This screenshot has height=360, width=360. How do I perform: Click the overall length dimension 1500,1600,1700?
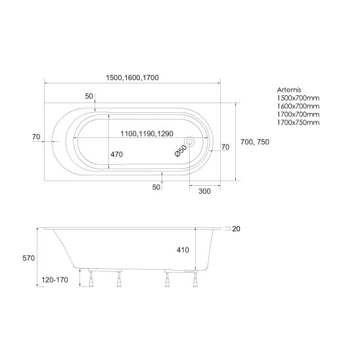[132, 78]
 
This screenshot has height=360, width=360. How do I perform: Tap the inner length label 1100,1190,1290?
[146, 133]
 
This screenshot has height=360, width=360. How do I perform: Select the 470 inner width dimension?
[117, 154]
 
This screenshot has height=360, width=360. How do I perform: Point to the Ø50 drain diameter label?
[181, 151]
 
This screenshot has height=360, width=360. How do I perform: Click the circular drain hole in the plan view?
[189, 142]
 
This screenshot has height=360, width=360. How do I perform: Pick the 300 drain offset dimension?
[204, 191]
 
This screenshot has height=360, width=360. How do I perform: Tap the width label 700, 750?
[255, 142]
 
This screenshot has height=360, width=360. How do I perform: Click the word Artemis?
[289, 90]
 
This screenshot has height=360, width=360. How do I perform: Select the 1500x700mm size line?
[298, 98]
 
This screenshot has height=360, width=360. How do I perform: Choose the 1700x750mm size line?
[298, 122]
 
